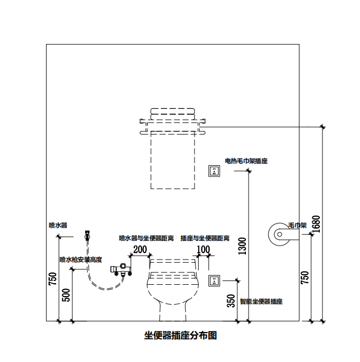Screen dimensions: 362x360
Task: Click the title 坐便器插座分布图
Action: click(180, 336)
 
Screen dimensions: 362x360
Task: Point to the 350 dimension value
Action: click(231, 301)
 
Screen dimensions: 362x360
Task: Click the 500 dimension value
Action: click(66, 295)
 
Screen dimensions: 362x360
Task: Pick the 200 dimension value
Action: click(140, 249)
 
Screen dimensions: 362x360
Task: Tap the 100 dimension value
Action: click(204, 249)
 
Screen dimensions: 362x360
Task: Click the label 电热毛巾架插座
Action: click(246, 161)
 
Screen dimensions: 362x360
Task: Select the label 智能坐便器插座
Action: click(261, 301)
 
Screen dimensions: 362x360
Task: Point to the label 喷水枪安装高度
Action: click(80, 260)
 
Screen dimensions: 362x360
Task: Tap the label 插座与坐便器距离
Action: click(205, 238)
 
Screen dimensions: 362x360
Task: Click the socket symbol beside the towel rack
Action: click(214, 171)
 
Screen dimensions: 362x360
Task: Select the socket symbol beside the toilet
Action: click(214, 280)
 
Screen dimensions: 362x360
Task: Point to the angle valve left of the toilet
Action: click(121, 269)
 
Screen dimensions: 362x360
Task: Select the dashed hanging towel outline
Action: click(172, 161)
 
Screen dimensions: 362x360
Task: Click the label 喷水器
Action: click(58, 225)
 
